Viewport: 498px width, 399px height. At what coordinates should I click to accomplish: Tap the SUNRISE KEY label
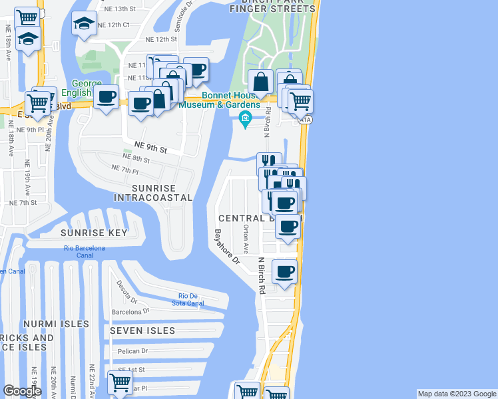pyautogui.click(x=94, y=233)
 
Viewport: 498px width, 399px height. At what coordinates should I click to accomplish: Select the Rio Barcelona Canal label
pyautogui.click(x=85, y=252)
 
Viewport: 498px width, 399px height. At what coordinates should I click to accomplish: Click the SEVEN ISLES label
pyautogui.click(x=142, y=331)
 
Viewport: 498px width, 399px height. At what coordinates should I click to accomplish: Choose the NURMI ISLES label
pyautogui.click(x=56, y=324)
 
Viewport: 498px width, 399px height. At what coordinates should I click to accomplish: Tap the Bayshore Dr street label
pyautogui.click(x=226, y=247)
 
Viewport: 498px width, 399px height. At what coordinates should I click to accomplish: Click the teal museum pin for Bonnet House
pyautogui.click(x=244, y=119)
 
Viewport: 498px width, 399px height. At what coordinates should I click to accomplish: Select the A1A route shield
pyautogui.click(x=306, y=119)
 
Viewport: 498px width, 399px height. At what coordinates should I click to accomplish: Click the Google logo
pyautogui.click(x=23, y=391)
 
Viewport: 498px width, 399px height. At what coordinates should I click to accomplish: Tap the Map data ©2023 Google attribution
pyautogui.click(x=457, y=394)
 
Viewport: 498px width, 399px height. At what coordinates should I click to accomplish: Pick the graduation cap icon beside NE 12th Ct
pyautogui.click(x=84, y=25)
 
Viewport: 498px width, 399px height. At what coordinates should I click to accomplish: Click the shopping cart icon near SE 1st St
pyautogui.click(x=120, y=383)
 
